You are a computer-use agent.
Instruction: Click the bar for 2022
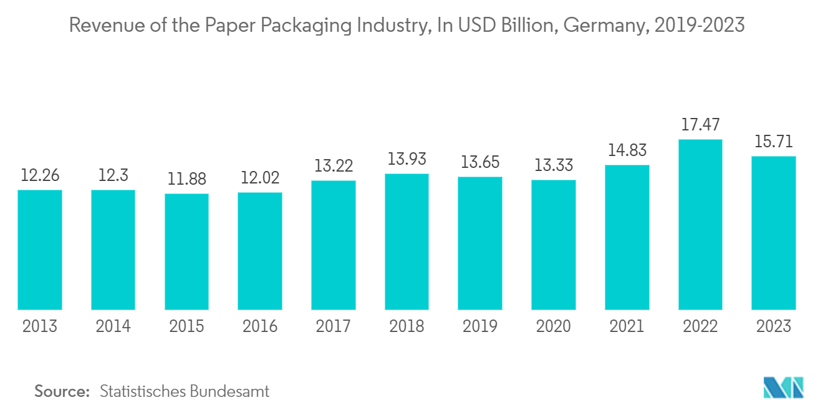click(x=700, y=225)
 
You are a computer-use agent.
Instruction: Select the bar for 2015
click(x=186, y=251)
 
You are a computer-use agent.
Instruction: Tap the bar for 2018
click(x=407, y=242)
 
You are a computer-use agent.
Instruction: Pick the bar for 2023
click(x=773, y=233)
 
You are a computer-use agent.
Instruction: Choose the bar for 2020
click(x=553, y=245)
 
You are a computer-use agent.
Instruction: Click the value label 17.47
click(x=700, y=124)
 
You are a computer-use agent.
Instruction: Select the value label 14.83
click(x=627, y=150)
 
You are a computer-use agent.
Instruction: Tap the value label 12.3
click(x=113, y=175)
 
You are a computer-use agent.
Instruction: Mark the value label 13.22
click(x=333, y=166)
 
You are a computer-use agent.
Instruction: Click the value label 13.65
click(x=479, y=162)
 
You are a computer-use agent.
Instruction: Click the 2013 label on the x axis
click(x=39, y=326)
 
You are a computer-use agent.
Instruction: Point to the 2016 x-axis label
click(x=259, y=326)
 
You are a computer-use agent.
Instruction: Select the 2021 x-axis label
click(x=627, y=326)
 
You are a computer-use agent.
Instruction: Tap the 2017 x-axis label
click(x=333, y=326)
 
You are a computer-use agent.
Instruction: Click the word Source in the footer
click(x=62, y=391)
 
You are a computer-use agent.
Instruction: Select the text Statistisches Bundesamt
click(x=185, y=391)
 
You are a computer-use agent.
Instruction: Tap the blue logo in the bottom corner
click(x=783, y=388)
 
